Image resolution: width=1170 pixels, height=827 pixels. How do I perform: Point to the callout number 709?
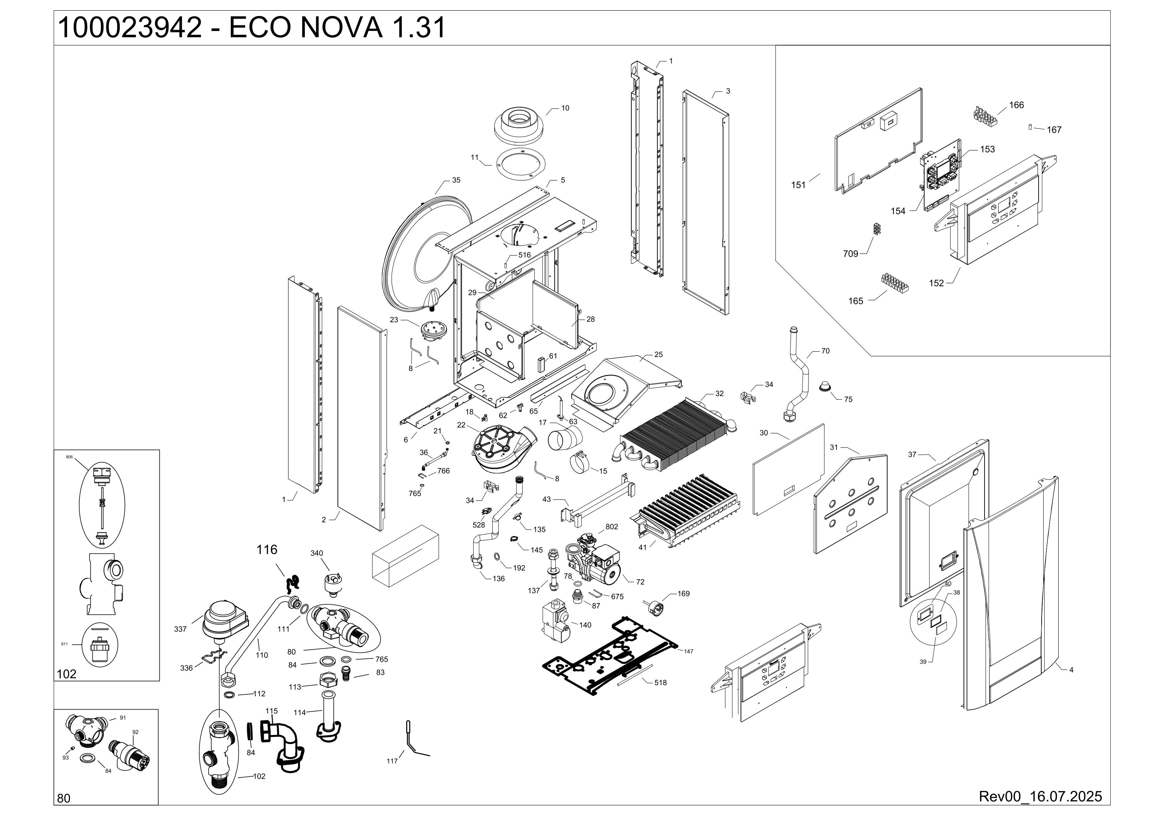(850, 254)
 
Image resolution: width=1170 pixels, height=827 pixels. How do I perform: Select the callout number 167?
(1054, 130)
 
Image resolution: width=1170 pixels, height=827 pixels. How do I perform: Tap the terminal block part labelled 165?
(895, 283)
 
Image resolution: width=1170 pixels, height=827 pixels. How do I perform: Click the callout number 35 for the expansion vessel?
(456, 180)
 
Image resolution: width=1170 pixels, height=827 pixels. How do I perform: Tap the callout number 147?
(688, 651)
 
